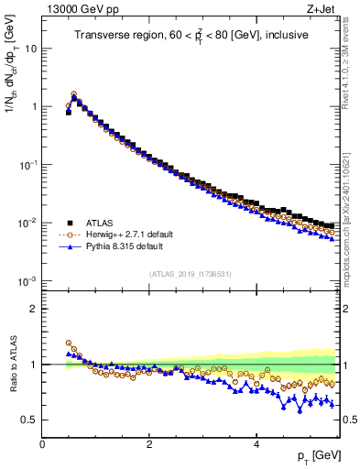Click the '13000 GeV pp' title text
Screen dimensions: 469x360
coord(78,10)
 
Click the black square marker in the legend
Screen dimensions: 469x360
coord(70,222)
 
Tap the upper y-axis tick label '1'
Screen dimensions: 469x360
coord(34,106)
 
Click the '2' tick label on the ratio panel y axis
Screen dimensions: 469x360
coord(34,309)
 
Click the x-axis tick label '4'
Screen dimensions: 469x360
coord(256,444)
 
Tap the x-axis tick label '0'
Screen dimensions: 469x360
coord(42,444)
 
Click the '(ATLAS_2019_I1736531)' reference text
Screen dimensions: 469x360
coord(191,275)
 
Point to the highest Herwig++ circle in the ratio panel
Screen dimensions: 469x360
coord(69,344)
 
